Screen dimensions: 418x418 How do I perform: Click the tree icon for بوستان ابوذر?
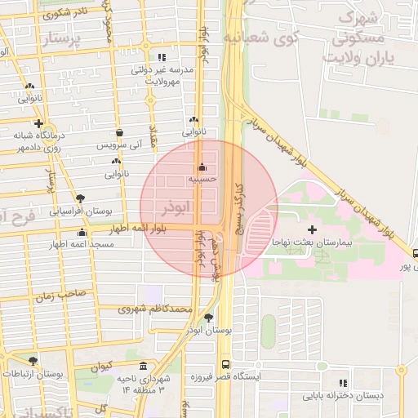209,318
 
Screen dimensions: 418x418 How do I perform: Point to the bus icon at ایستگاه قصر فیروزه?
225,365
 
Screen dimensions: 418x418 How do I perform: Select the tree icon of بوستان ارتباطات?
33,360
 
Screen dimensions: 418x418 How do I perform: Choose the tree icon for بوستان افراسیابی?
80,198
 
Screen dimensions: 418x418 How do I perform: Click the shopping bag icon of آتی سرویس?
120,132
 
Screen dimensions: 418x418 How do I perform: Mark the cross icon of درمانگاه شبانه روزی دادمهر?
38,123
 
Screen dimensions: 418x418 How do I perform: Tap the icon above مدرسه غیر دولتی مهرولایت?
162,58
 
